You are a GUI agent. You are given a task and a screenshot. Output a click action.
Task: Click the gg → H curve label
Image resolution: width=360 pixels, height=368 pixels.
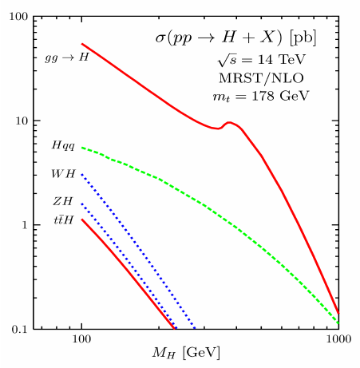[x=67, y=57]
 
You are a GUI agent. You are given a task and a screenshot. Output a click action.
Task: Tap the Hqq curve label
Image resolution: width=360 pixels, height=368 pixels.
[x=63, y=146]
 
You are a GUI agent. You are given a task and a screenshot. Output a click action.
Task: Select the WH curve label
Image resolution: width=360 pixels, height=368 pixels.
[x=64, y=174]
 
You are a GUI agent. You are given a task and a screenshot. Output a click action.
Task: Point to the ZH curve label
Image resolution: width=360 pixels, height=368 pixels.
[x=63, y=201]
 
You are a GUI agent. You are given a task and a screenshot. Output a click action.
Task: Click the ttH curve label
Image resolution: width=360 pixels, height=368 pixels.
[x=64, y=220]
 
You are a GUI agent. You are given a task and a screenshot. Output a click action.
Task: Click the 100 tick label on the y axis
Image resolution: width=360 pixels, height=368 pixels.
[x=18, y=17]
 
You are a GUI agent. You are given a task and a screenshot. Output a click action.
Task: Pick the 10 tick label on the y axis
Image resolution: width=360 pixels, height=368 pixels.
[x=22, y=121]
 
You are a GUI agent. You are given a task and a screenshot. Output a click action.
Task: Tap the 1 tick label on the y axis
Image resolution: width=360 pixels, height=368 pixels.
[x=25, y=225]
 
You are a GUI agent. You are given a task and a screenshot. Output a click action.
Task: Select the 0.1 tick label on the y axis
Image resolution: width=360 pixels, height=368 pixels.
[x=20, y=330]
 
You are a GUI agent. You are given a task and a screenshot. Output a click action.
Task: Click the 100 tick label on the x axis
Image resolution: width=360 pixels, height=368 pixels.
[x=81, y=339]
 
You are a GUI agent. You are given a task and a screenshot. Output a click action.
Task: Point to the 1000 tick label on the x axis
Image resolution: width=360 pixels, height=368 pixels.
[x=338, y=339]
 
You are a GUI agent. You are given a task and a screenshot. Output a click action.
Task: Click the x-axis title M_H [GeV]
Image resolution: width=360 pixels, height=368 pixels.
[x=186, y=353]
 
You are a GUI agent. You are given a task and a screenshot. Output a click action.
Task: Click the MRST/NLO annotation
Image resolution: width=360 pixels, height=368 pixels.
[x=261, y=78]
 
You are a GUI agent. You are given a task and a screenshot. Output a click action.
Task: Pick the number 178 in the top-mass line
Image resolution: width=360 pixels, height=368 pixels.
[x=263, y=96]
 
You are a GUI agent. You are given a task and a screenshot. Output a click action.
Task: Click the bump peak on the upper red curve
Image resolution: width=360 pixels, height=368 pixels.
[x=229, y=122]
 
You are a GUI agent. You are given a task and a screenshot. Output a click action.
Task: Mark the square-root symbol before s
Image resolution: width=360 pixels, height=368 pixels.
[x=224, y=60]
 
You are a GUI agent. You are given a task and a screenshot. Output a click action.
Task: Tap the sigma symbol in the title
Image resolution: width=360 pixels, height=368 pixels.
[x=160, y=38]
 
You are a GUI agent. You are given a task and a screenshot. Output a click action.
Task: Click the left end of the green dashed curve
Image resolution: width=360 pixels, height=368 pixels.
[x=82, y=147]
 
